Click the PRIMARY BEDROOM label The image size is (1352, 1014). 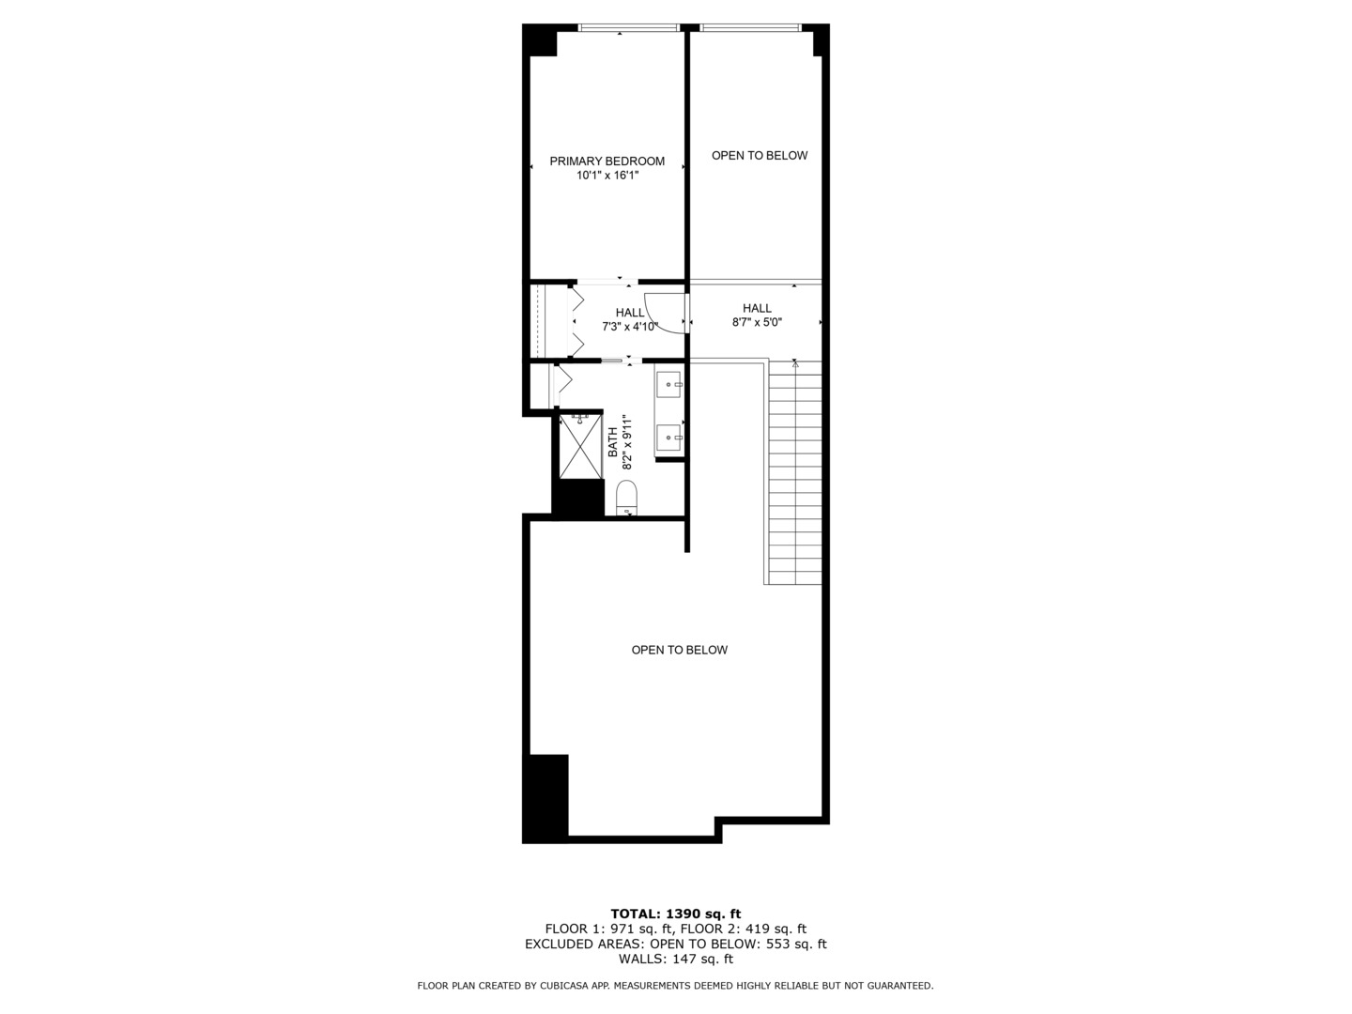[x=607, y=161]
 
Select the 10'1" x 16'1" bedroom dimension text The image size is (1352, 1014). [x=607, y=175]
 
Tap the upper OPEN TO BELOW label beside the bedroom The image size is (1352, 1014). [x=759, y=156]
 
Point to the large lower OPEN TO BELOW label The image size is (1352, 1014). [x=679, y=650]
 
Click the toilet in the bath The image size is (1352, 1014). [x=626, y=497]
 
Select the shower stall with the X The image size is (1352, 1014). [x=580, y=448]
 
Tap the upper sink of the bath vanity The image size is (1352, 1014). [x=669, y=381]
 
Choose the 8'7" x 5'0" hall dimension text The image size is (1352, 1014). [x=757, y=322]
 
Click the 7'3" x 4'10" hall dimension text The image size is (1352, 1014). [x=630, y=327]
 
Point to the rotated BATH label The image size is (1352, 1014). [x=613, y=442]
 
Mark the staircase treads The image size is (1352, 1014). [x=794, y=475]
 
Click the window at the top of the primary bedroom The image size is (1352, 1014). [x=628, y=28]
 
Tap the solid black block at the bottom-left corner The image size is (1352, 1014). [x=545, y=797]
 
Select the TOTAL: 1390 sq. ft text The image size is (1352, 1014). [x=675, y=914]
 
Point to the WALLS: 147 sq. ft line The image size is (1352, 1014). [x=675, y=960]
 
